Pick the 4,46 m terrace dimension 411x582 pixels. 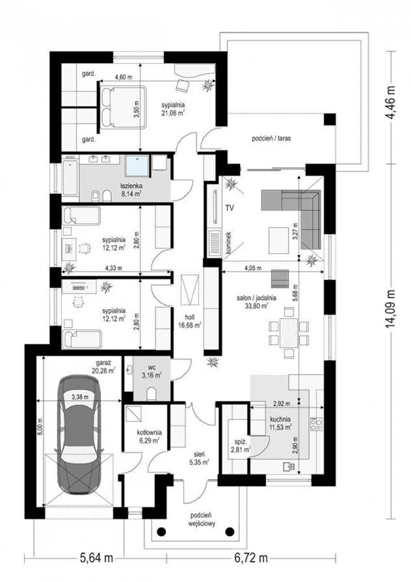coord(391,102)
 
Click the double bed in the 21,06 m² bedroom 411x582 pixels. coord(123,107)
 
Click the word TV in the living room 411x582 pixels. coord(230,208)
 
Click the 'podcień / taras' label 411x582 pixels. coord(271,138)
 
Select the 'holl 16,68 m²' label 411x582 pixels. coord(190,322)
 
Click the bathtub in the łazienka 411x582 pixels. coord(70,177)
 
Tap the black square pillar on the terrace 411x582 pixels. coord(330,119)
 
